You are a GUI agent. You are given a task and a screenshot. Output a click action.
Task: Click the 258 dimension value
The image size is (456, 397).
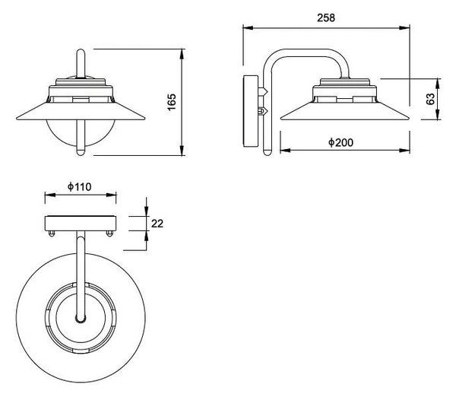(x=326, y=17)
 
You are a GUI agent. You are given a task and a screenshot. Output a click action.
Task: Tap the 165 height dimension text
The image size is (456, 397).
(x=172, y=102)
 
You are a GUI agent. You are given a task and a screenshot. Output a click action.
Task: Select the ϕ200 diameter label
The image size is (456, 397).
(x=340, y=142)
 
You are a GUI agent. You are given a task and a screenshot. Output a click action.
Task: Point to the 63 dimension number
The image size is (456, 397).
(x=430, y=99)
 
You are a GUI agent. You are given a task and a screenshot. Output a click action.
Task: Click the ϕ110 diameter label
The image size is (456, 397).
(x=79, y=186)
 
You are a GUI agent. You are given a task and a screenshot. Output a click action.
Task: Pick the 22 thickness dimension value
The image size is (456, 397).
(x=157, y=224)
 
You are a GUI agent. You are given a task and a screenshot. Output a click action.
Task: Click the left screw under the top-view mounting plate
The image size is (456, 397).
(x=52, y=233)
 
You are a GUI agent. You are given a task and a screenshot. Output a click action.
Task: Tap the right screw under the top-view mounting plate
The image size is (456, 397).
(x=109, y=233)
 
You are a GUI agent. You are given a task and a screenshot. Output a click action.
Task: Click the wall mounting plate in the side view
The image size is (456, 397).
(x=251, y=111)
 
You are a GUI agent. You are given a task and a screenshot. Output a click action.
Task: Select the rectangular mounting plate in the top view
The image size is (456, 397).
(x=81, y=224)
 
